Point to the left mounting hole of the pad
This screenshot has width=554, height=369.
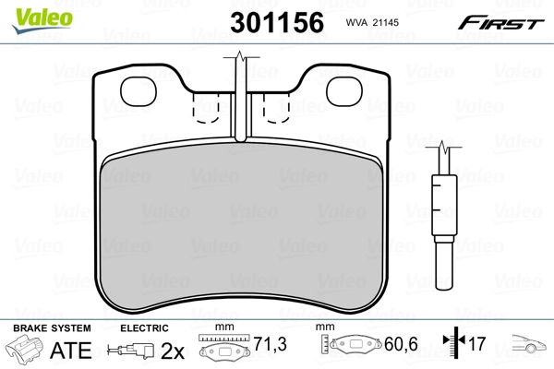[141, 89]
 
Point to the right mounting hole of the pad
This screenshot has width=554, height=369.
[345, 89]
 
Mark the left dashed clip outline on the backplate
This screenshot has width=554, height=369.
[206, 110]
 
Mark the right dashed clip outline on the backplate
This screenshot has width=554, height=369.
[278, 110]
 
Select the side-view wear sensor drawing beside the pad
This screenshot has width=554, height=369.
[443, 212]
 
